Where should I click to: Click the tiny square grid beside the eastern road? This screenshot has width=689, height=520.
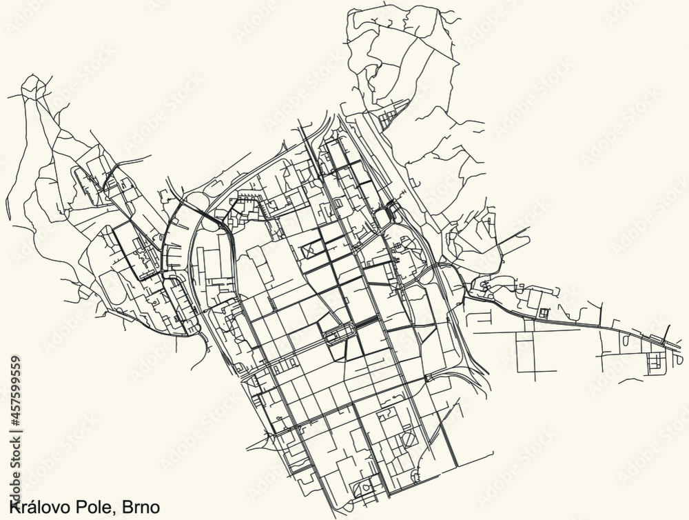[544, 314]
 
